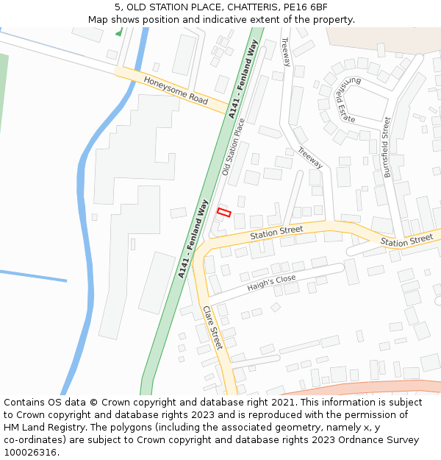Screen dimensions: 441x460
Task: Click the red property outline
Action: tap(224, 213)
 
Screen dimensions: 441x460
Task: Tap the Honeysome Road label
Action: tap(176, 91)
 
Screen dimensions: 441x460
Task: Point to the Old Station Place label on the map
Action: tap(233, 147)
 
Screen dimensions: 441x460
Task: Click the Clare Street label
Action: tap(212, 328)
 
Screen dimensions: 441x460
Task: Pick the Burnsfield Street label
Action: tap(387, 147)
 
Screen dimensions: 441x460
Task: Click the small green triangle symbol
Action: tap(118, 32)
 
